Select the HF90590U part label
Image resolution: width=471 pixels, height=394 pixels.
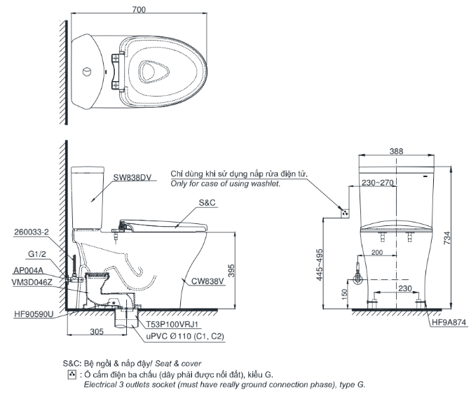point(32,315)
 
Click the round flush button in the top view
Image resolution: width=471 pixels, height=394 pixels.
point(86,71)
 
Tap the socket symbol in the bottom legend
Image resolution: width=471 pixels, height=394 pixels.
point(70,374)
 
